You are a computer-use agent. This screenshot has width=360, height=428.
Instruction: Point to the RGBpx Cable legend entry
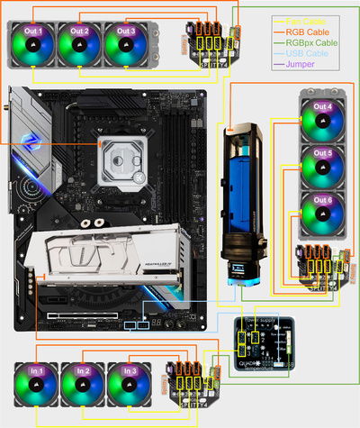[x=307, y=42]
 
